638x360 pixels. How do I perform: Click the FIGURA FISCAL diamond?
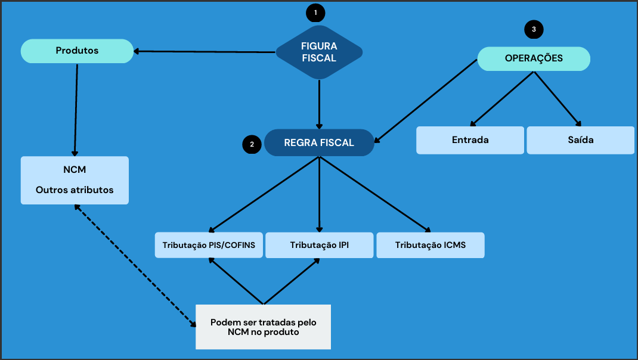tap(319, 52)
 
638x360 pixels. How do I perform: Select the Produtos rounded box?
tap(77, 51)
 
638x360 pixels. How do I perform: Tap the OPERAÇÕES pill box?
tap(534, 58)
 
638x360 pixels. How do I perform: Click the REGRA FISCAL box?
tap(319, 143)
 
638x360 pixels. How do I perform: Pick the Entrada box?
tap(470, 140)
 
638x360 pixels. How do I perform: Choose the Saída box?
tap(580, 140)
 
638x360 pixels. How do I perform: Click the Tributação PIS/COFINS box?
tap(209, 245)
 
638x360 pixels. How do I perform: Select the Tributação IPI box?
tap(319, 245)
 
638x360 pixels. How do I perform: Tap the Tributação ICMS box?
tap(430, 245)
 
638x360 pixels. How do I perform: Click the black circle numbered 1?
tap(315, 12)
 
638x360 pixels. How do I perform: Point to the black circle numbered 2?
tap(252, 144)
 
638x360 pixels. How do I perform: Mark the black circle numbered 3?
tap(534, 29)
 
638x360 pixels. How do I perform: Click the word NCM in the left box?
tap(75, 170)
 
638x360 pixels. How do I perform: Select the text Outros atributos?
tap(75, 190)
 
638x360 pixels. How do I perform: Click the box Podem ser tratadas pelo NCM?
tap(263, 327)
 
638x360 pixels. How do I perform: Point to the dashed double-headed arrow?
tap(135, 266)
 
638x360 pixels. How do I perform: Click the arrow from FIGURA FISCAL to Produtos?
tap(206, 52)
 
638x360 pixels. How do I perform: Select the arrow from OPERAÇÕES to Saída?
tap(558, 98)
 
